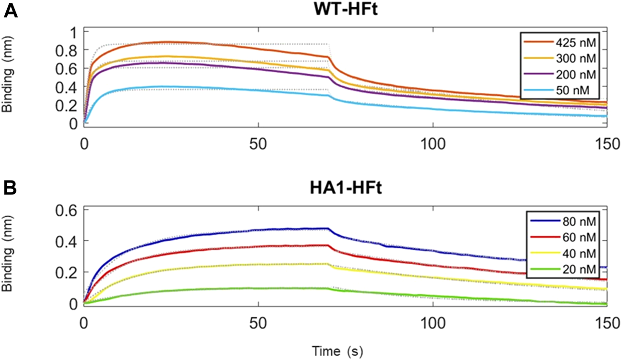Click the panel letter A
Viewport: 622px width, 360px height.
pos(11,11)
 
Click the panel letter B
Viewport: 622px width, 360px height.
pos(11,188)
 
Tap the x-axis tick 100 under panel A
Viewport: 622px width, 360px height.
pos(433,144)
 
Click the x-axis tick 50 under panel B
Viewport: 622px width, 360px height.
pos(259,323)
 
